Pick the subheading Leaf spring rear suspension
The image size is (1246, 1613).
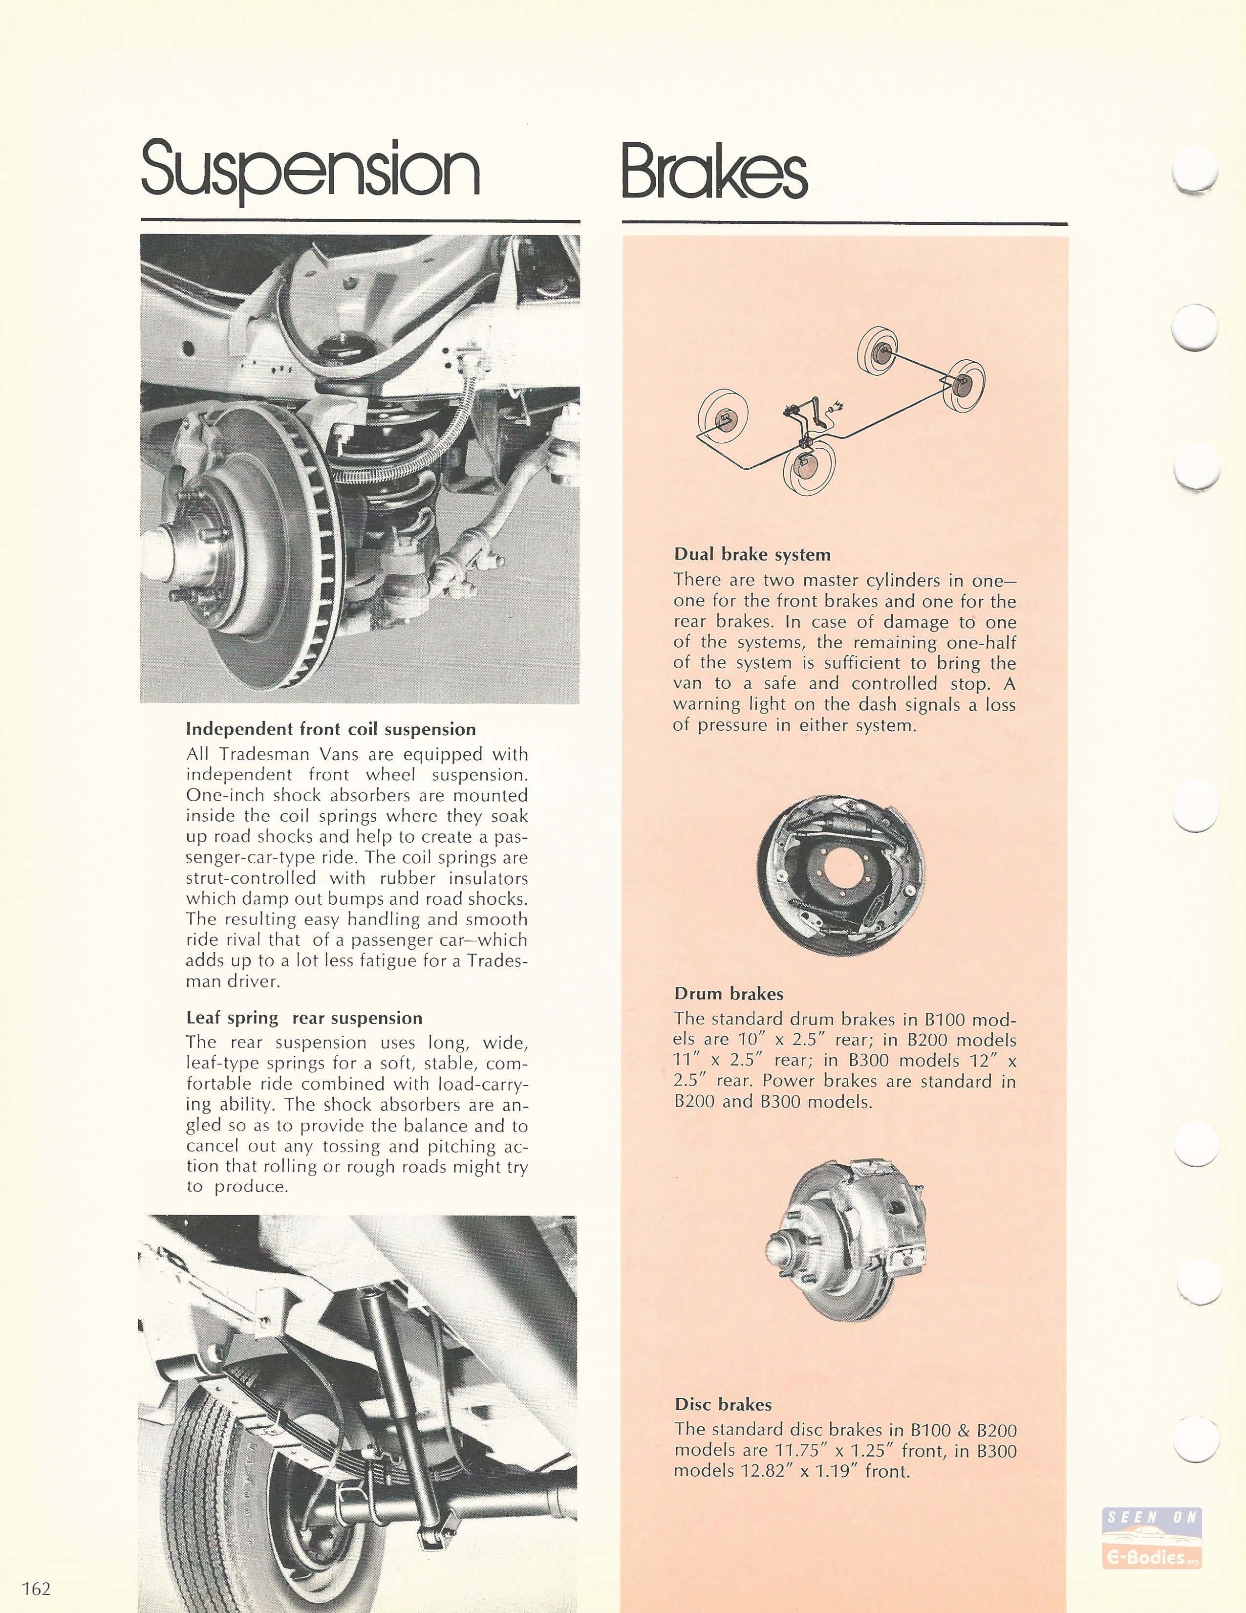(x=304, y=1017)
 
